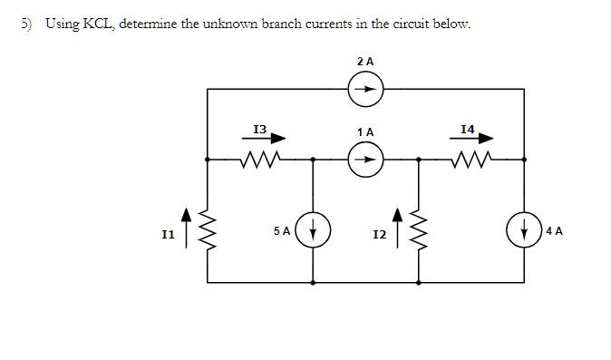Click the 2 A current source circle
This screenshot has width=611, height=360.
point(365,89)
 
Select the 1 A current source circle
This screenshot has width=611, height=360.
point(365,160)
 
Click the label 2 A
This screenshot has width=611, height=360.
point(365,61)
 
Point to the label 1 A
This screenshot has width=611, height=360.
point(365,132)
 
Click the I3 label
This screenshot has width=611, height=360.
point(259,130)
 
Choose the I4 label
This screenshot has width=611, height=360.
point(468,130)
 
